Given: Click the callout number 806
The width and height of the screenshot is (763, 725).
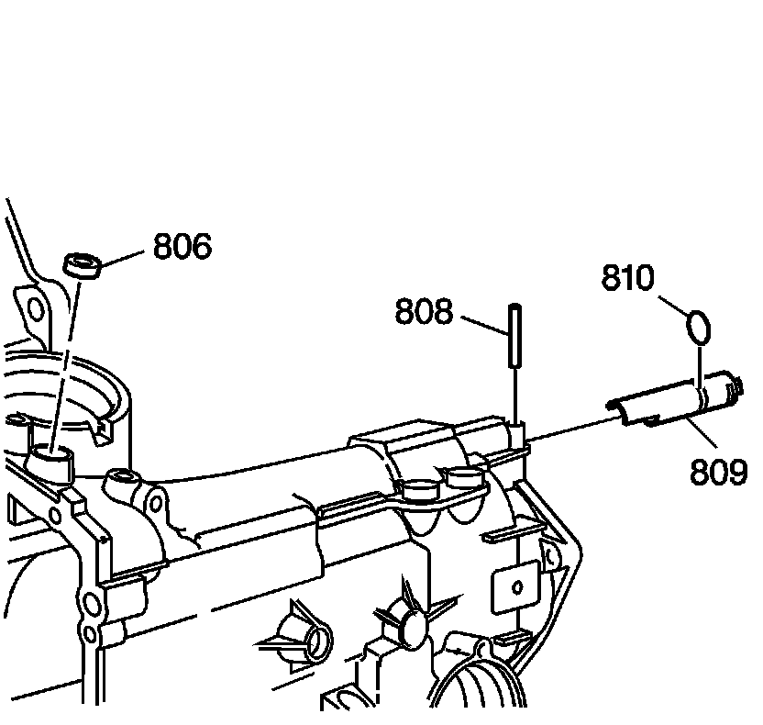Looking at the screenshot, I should tap(182, 246).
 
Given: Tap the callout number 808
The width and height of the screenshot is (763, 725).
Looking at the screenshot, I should tap(424, 312).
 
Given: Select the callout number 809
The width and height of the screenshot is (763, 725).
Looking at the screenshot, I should tap(718, 471).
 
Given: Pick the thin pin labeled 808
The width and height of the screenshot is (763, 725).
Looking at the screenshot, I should tap(516, 335).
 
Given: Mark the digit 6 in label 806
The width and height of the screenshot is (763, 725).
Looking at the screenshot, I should tap(201, 246).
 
